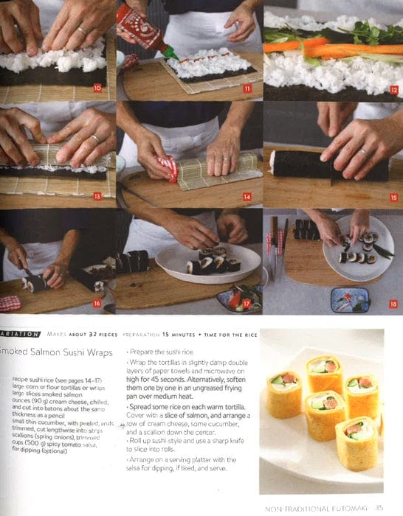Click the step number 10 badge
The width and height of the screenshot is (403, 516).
(97, 88)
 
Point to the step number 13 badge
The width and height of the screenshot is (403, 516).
(97, 196)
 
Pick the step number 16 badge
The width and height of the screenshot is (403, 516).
(97, 303)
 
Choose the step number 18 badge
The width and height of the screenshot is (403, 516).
(393, 303)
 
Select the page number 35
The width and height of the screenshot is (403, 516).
(379, 507)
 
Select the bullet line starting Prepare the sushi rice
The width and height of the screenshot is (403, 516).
(162, 352)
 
